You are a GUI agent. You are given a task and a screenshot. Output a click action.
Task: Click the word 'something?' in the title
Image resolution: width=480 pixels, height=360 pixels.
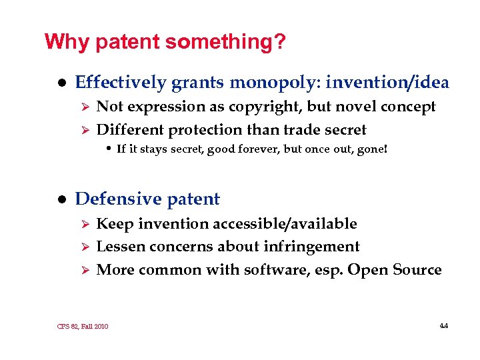point(226,43)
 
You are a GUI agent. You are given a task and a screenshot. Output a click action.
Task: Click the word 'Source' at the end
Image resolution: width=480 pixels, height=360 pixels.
point(417,270)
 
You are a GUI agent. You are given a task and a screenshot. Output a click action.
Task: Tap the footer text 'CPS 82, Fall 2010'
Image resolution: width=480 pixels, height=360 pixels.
point(83,327)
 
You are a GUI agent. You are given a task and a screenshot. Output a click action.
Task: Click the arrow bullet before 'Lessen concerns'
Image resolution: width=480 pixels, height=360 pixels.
point(84,247)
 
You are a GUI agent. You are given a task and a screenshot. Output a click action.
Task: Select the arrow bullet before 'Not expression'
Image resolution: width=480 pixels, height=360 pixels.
point(84,107)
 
